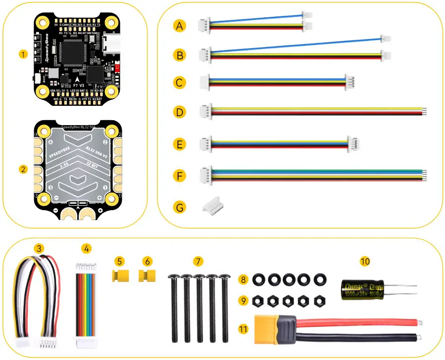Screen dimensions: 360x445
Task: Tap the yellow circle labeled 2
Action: [22, 169]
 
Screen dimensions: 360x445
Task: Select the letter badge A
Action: [180, 25]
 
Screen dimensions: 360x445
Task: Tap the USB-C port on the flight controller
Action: [111, 43]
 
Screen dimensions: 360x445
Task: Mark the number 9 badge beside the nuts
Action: [242, 300]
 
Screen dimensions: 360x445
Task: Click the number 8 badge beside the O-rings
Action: [242, 280]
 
